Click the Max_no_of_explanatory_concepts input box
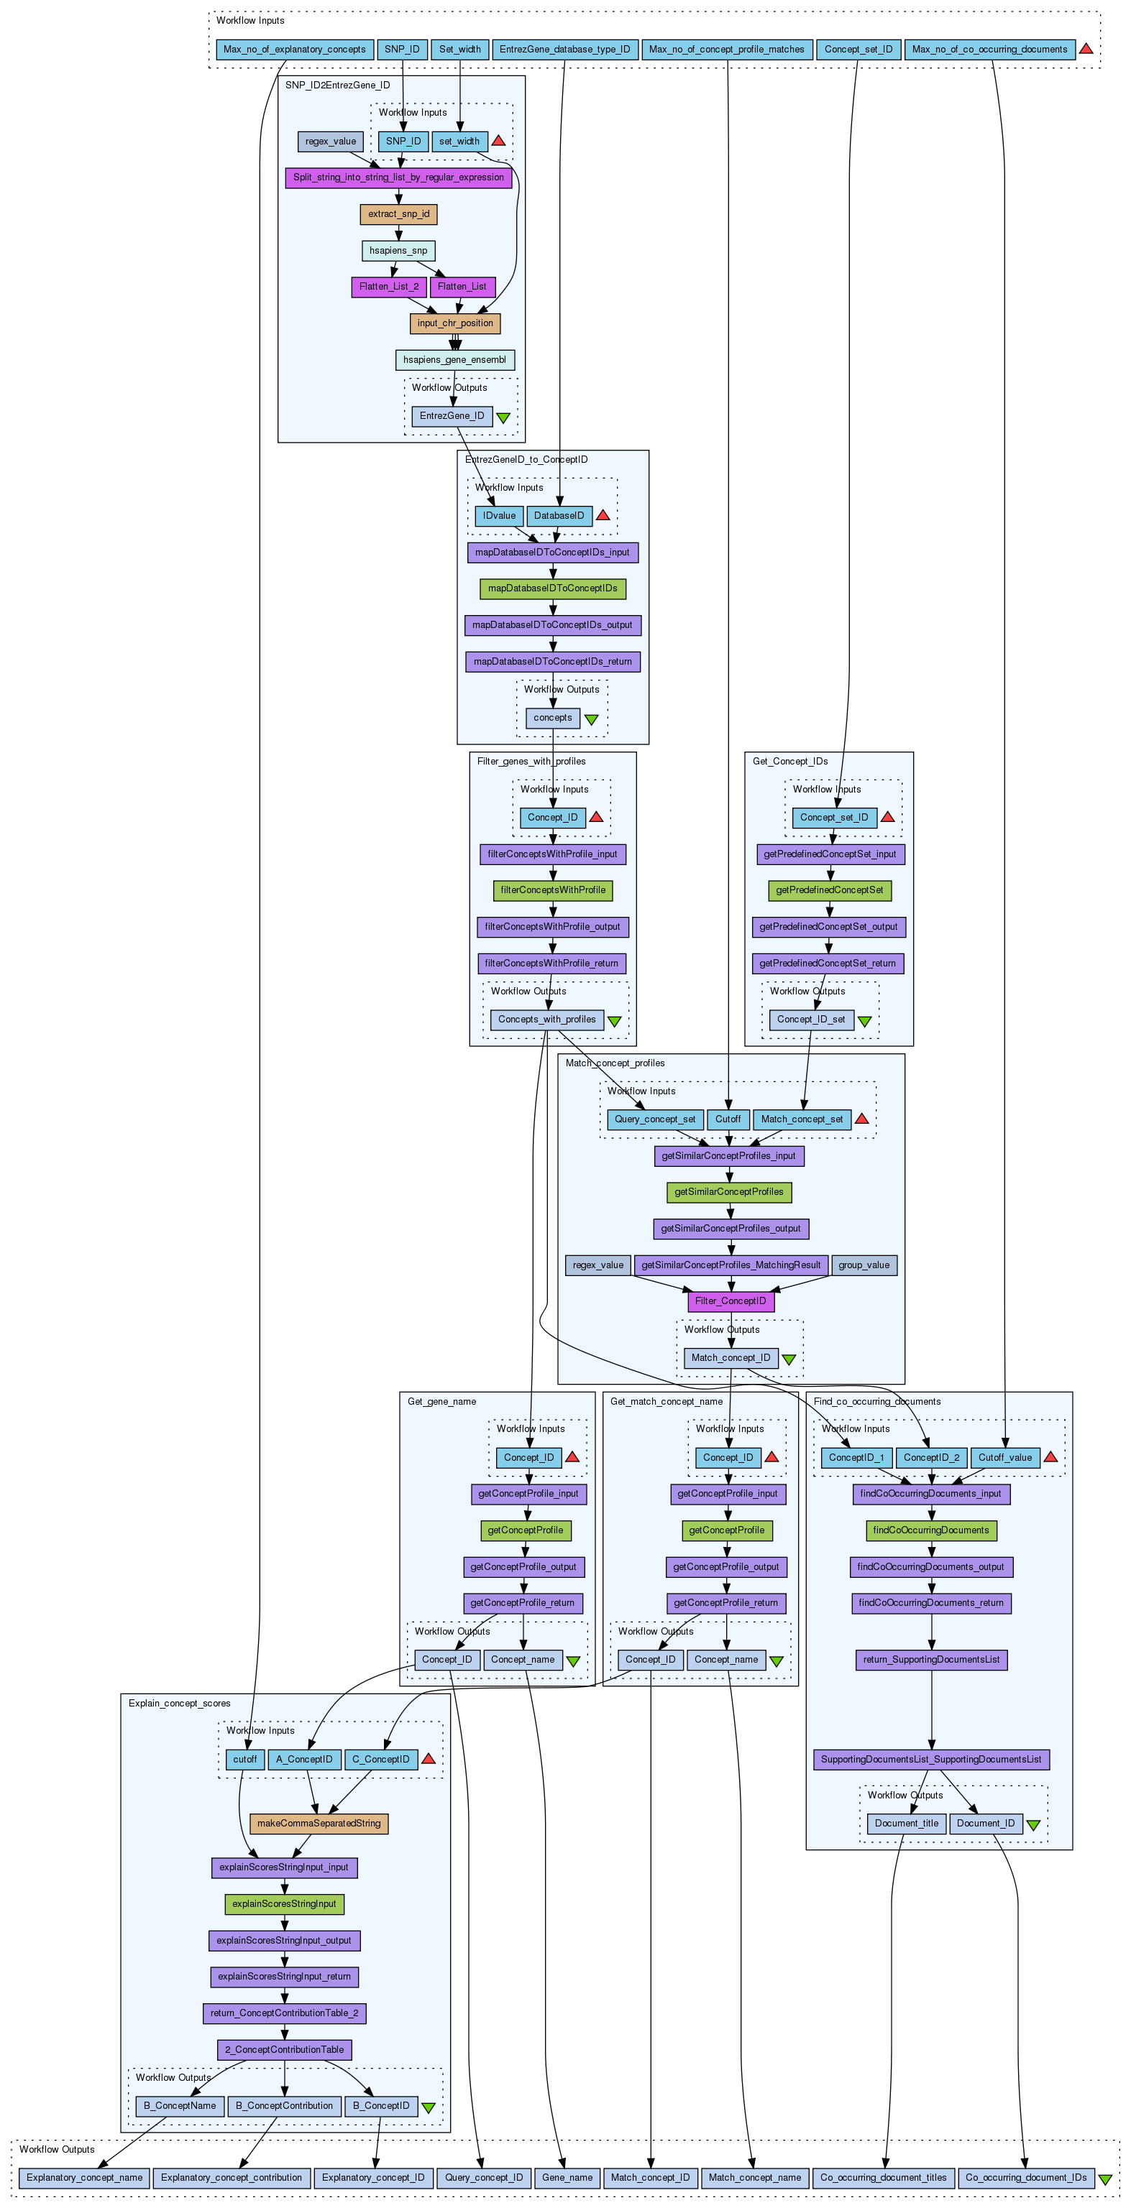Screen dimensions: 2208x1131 (x=294, y=50)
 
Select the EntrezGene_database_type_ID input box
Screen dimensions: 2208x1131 (x=564, y=50)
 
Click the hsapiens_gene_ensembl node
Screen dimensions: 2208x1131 (x=454, y=360)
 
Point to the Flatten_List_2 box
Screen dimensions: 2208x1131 (x=388, y=286)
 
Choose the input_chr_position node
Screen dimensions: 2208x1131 (x=455, y=323)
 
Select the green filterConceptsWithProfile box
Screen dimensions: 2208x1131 (x=552, y=890)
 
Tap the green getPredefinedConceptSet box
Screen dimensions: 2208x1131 (x=829, y=890)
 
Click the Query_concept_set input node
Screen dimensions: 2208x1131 (x=655, y=1119)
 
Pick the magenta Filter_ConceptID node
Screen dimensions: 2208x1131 (x=731, y=1301)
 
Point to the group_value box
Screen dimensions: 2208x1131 (x=864, y=1265)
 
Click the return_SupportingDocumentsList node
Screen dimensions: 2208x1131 (x=931, y=1660)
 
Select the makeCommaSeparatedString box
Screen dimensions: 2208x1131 (x=319, y=1823)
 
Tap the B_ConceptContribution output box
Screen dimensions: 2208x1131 (x=284, y=2106)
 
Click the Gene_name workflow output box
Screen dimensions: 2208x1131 (x=567, y=2177)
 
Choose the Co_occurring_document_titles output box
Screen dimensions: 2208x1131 (x=883, y=2177)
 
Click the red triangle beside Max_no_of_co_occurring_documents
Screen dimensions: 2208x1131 (x=1086, y=49)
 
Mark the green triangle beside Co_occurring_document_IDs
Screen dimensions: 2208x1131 (x=1105, y=2178)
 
